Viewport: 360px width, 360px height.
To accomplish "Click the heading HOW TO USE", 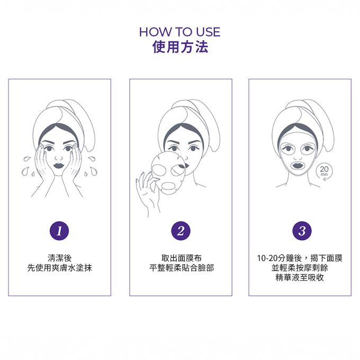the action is (x=180, y=32).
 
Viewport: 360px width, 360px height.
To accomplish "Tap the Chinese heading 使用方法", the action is (x=180, y=47).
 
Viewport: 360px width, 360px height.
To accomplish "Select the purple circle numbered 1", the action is (x=59, y=231).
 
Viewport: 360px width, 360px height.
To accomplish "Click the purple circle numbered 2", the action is (x=181, y=231).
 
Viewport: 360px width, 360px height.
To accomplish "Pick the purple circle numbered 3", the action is (x=302, y=231).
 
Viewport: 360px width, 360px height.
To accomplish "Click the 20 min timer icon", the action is (x=324, y=172).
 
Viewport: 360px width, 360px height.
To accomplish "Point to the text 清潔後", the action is (x=60, y=258).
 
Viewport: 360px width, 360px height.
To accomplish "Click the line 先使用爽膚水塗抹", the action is (x=60, y=268).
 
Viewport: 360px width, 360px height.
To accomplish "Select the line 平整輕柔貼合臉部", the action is (x=182, y=268).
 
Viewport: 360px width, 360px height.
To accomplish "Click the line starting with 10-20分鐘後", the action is (x=300, y=258).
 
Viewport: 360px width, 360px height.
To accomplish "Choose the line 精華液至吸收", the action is (x=300, y=277).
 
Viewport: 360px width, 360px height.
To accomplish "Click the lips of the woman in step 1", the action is (x=59, y=166).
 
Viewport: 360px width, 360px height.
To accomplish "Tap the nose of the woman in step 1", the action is (x=59, y=158).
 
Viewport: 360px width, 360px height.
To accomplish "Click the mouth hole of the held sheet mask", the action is (x=168, y=185).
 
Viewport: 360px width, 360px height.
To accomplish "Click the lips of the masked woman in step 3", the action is (x=298, y=165).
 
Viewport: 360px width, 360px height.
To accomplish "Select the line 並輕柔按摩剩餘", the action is (x=300, y=268).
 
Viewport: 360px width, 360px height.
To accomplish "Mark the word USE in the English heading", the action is (x=208, y=32).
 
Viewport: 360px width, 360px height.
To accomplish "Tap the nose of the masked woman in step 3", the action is (x=298, y=157).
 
